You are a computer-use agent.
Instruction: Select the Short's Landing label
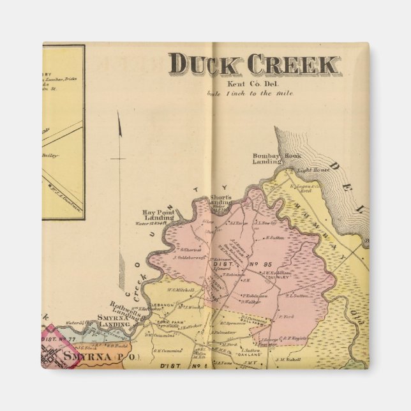click(220, 200)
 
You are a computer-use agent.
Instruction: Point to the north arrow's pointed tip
click(118, 113)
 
